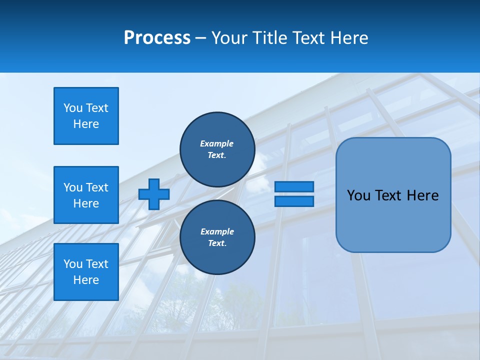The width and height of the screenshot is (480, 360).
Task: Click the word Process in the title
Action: coord(157,38)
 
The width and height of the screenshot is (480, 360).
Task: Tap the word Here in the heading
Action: coord(348,38)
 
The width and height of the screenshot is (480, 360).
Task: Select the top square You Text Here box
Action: coord(86,116)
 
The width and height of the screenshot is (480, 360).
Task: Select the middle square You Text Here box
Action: coord(86,195)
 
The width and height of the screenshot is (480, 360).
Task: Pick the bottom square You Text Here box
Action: coord(86,272)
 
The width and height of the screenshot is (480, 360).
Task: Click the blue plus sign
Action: coord(154,194)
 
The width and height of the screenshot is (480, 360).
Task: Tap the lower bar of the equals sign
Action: coord(294,201)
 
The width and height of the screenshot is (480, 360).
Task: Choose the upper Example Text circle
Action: coord(217,149)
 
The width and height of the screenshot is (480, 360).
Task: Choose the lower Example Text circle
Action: coord(217,237)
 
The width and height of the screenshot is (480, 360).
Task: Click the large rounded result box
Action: coord(393,195)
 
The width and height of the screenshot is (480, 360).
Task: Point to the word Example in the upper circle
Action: coord(217,143)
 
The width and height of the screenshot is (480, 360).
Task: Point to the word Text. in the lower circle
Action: coord(217,243)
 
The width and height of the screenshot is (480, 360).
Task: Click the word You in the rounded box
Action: coord(358,195)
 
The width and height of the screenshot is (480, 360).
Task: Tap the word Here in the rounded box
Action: coord(422,195)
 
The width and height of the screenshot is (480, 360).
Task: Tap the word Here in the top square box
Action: coord(86,124)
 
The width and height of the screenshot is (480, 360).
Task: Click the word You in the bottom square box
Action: coord(73,264)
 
